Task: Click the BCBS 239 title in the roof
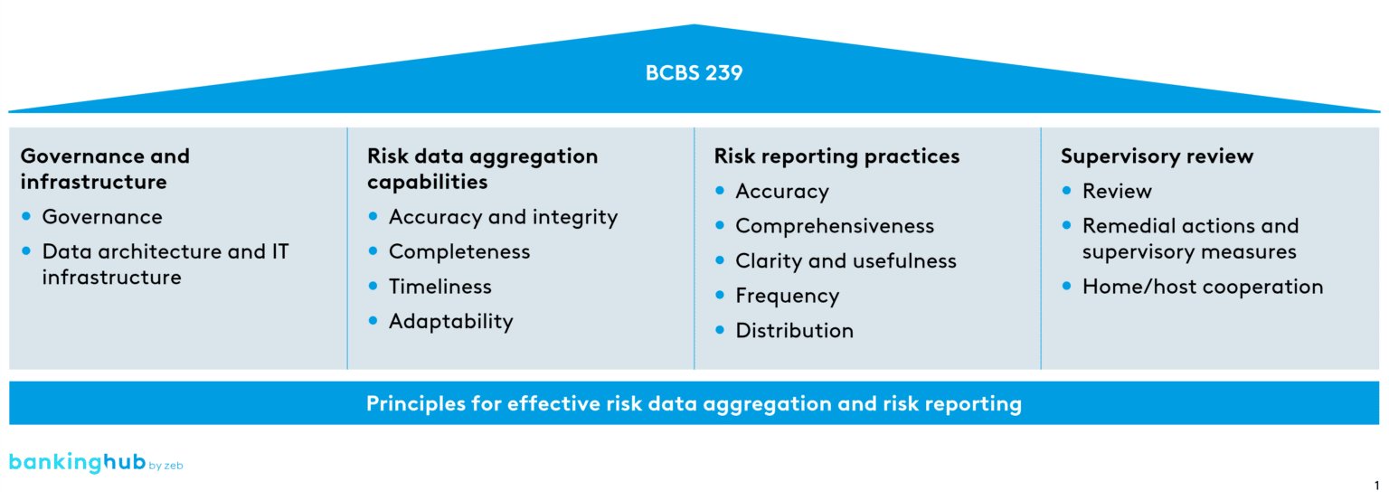pos(694,73)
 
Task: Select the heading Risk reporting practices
pos(836,156)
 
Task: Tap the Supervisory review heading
pos(1157,156)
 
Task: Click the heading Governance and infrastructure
pos(105,169)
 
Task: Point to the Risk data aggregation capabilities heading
pos(482,169)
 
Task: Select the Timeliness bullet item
pos(439,287)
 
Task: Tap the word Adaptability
pos(450,322)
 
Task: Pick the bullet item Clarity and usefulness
pos(846,261)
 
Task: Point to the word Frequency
pos(787,296)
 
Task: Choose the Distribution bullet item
pos(794,331)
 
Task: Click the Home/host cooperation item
pos(1202,287)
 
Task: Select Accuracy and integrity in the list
pos(503,217)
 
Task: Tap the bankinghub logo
pos(78,463)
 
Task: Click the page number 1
pos(1376,486)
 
